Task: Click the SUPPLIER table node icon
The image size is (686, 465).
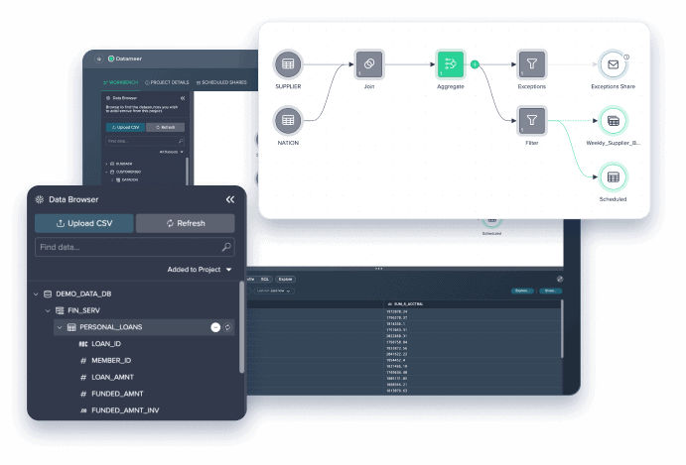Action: (288, 64)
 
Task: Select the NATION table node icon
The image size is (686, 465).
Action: (288, 120)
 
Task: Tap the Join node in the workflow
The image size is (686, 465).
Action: (368, 64)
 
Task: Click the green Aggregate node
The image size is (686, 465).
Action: (450, 64)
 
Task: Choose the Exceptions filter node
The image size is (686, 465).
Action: (531, 64)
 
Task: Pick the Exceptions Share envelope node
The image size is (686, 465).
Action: (613, 64)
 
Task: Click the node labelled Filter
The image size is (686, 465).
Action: (531, 121)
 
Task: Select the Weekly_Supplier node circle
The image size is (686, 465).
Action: (613, 121)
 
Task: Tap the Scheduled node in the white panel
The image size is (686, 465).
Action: (613, 176)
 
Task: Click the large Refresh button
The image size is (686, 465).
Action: (185, 223)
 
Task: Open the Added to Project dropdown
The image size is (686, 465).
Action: (200, 270)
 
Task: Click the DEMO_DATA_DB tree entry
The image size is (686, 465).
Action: (88, 294)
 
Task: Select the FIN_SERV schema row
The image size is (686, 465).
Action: (86, 310)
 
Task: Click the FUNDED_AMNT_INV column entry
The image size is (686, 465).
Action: (125, 409)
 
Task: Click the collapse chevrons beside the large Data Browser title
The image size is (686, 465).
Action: (230, 199)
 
